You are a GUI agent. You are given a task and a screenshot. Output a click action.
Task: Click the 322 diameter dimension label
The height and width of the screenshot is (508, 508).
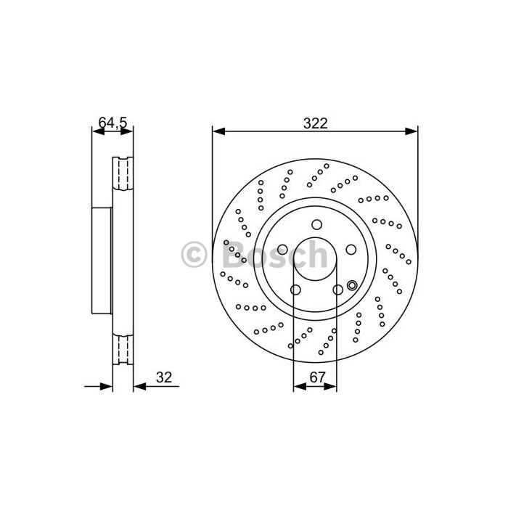coord(315,123)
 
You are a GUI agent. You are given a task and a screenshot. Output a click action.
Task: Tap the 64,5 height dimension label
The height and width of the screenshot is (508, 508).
coord(112,123)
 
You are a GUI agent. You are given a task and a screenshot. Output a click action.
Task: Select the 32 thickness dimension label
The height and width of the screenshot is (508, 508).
coord(164,377)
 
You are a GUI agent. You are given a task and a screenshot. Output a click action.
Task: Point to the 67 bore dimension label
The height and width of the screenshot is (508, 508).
coord(317,377)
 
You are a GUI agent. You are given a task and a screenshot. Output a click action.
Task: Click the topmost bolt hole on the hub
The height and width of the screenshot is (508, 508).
coord(316,224)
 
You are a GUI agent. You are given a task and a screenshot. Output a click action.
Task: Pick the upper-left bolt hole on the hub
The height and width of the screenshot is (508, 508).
coord(282,250)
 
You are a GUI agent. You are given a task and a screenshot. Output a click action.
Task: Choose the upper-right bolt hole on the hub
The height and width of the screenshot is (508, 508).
coord(351,250)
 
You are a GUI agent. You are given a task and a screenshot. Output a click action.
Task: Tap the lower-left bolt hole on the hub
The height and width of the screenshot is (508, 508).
coord(295,290)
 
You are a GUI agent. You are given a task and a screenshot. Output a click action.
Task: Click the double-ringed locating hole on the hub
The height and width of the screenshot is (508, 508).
coord(352,285)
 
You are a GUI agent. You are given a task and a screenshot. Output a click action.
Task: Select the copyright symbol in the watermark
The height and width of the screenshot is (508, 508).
coord(194,254)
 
